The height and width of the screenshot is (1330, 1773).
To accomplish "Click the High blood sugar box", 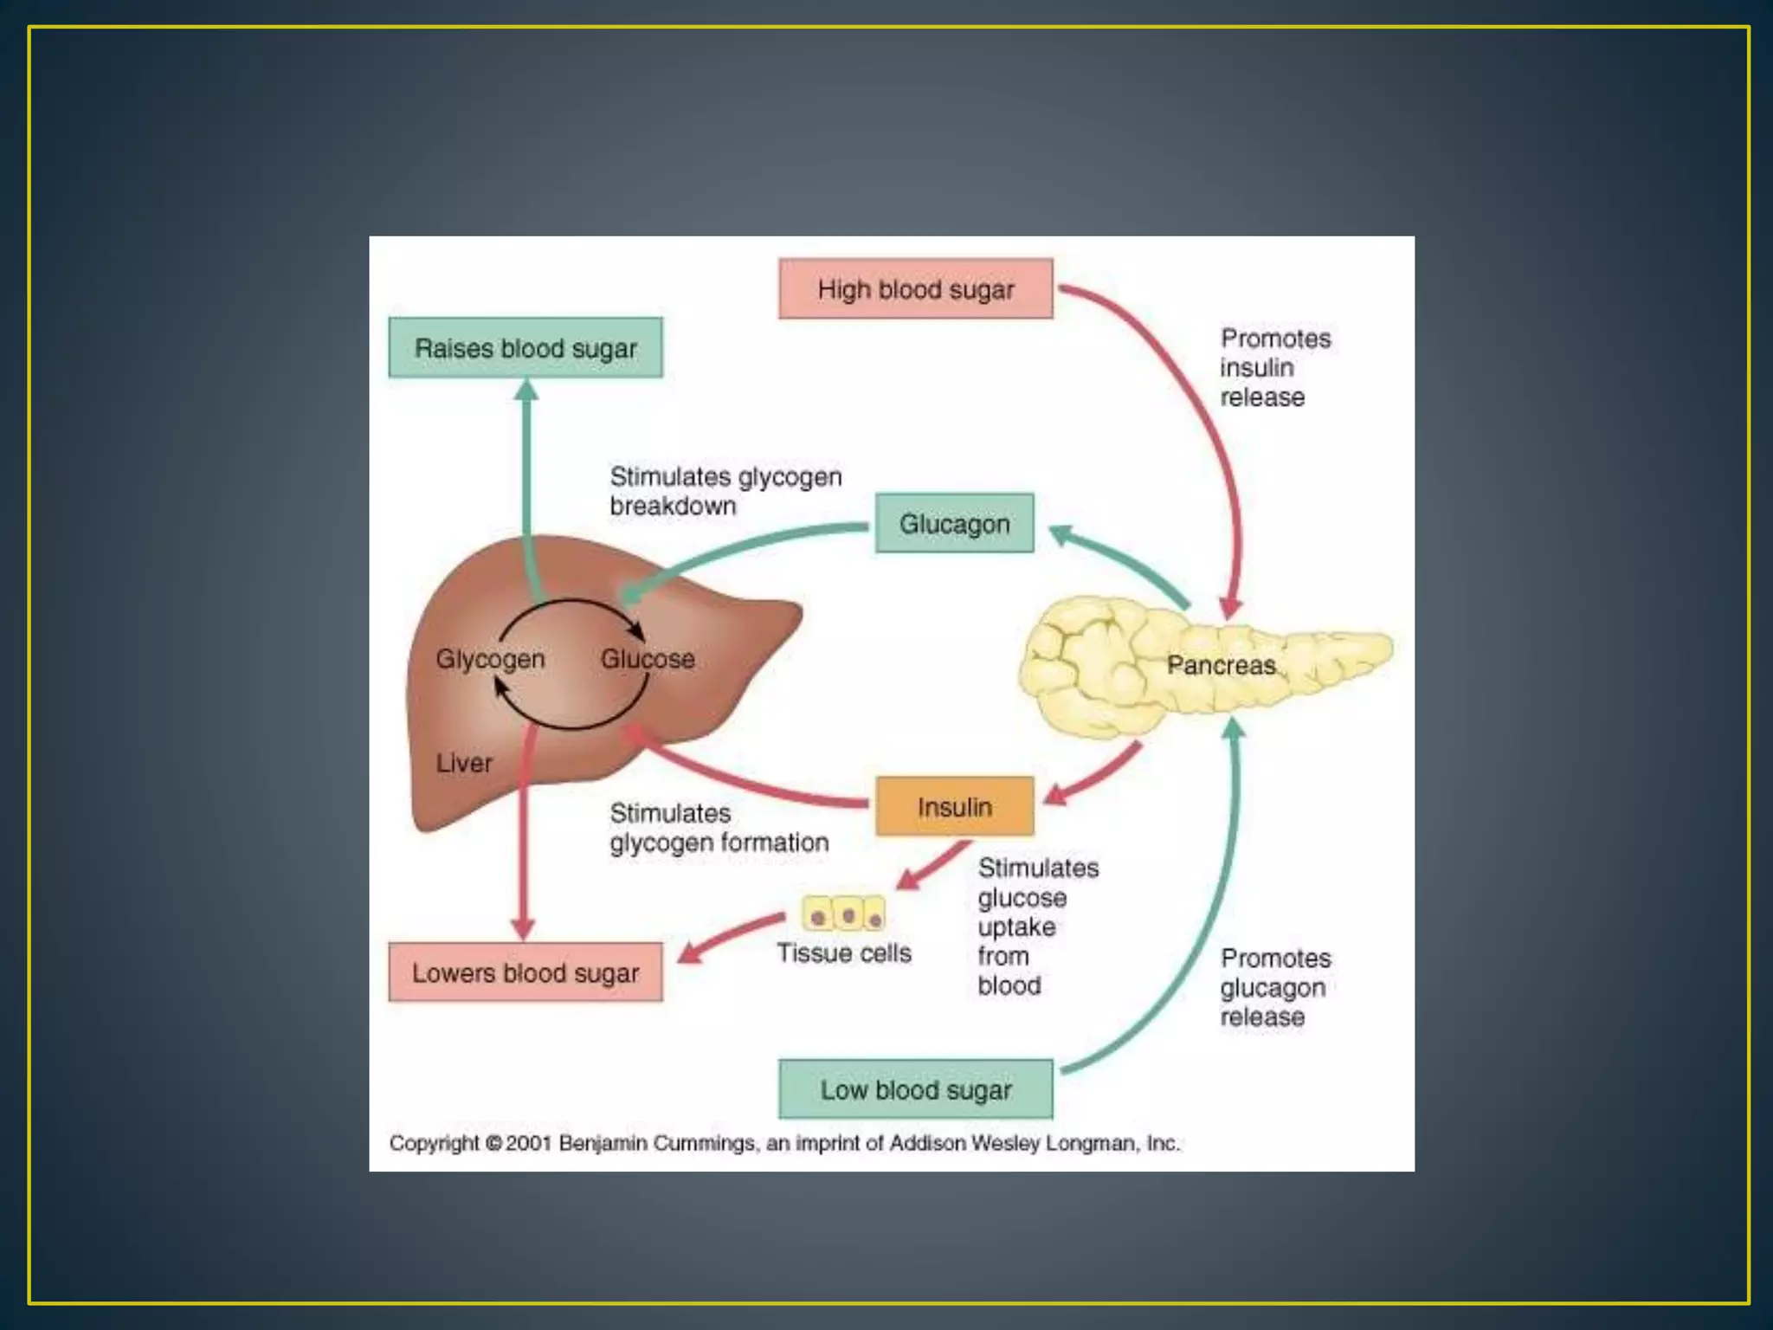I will click(915, 289).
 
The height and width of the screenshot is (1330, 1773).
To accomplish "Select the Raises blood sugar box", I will click(525, 348).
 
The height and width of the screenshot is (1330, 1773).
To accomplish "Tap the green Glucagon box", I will click(954, 524).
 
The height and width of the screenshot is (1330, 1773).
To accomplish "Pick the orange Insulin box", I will click(954, 807).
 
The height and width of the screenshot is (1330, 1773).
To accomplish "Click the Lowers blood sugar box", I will click(525, 972).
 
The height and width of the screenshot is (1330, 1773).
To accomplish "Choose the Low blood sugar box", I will click(915, 1089).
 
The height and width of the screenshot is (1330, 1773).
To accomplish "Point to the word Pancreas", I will click(1221, 665).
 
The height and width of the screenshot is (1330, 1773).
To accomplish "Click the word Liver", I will click(464, 763).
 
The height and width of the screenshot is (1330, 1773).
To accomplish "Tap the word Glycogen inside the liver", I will click(490, 659).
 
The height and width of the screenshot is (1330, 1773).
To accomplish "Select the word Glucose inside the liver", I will click(648, 659).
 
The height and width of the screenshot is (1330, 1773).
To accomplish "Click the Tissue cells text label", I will click(844, 953).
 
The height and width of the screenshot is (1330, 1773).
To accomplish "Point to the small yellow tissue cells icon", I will click(844, 914).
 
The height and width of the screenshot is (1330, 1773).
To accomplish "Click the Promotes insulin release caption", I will click(1273, 367).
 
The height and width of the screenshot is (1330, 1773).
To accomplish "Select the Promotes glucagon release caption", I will click(1274, 987).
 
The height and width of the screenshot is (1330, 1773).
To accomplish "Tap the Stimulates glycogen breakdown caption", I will click(725, 491).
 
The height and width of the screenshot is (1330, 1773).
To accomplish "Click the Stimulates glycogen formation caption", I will click(719, 828).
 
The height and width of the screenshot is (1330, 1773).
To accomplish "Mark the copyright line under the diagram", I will click(783, 1143).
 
